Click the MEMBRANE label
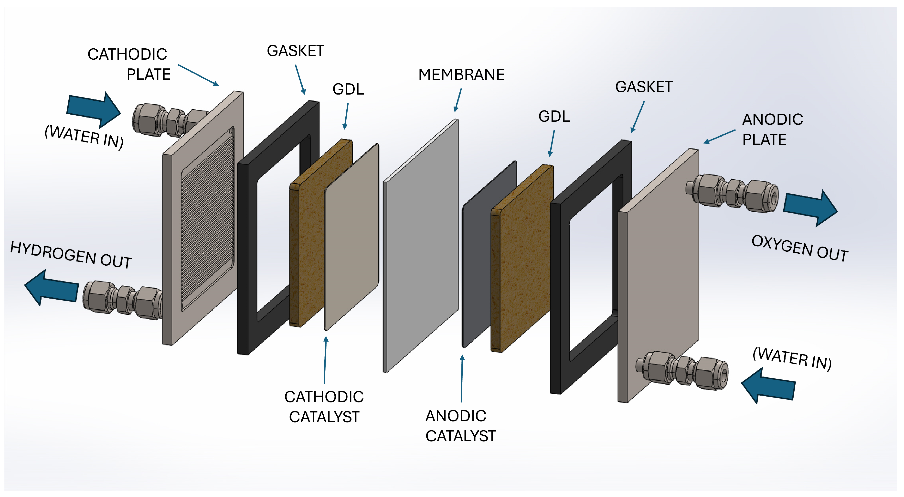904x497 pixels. pyautogui.click(x=461, y=75)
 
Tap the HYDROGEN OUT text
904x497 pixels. pyautogui.click(x=71, y=255)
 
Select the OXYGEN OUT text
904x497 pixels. pyautogui.click(x=799, y=248)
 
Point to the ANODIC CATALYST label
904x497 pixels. pyautogui.click(x=460, y=426)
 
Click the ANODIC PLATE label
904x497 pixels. pyautogui.click(x=772, y=130)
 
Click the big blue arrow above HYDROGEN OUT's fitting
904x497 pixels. pyautogui.click(x=52, y=287)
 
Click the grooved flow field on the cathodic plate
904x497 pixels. pyautogui.click(x=207, y=218)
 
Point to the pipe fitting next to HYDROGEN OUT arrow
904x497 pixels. pyautogui.click(x=123, y=300)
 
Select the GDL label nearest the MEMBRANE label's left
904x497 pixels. pyautogui.click(x=348, y=89)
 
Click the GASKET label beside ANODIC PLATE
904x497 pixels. pyautogui.click(x=644, y=87)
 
